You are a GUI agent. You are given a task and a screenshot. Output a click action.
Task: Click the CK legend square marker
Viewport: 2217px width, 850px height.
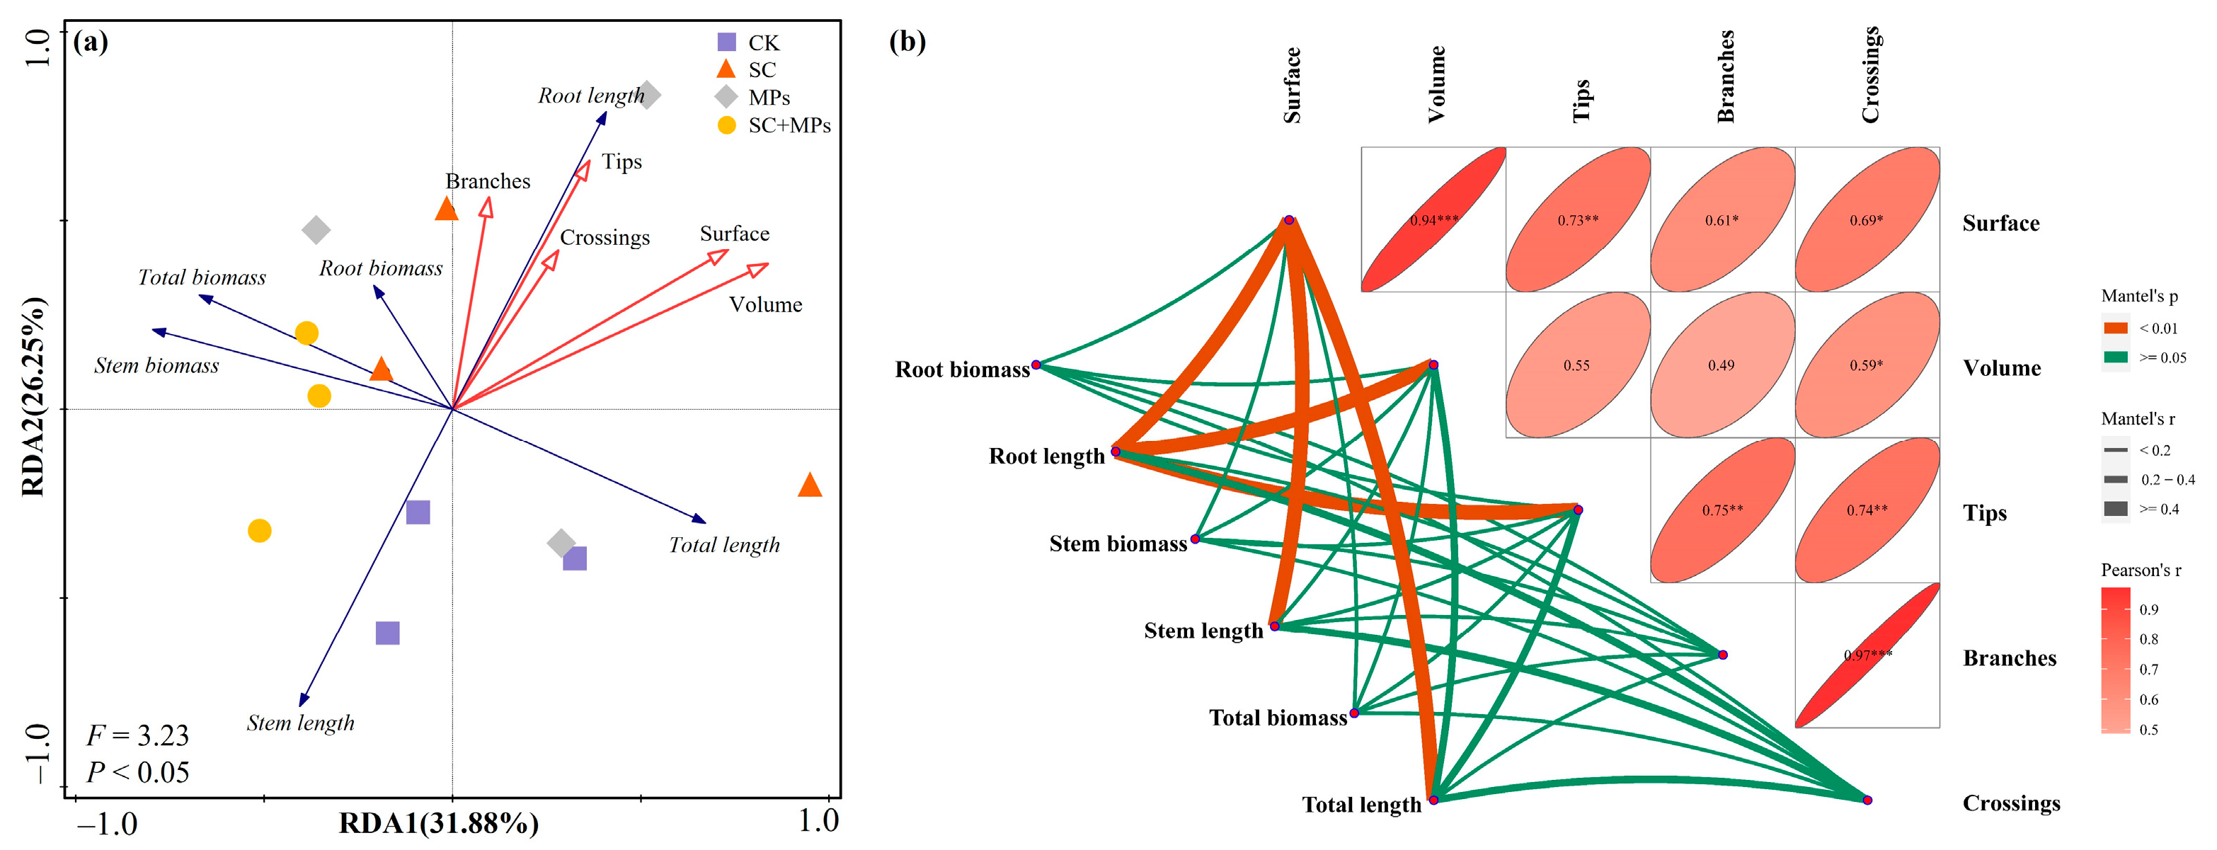(726, 42)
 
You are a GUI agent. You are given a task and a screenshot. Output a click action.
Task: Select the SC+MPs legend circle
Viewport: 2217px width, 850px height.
(726, 125)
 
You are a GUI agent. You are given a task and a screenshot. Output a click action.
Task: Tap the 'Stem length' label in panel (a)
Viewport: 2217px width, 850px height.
(300, 723)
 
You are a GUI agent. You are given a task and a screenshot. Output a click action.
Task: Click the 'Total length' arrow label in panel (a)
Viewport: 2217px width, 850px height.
(724, 544)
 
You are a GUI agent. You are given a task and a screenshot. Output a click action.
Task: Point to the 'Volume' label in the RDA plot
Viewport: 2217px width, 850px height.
(765, 304)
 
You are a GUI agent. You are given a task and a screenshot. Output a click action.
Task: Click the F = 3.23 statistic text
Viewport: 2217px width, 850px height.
(138, 735)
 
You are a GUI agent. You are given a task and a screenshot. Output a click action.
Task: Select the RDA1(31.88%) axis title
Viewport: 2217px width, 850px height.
(439, 823)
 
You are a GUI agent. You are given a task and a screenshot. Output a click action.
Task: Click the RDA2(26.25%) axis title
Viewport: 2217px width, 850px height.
(33, 396)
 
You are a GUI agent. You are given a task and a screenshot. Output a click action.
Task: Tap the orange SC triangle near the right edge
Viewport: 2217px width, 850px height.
(809, 486)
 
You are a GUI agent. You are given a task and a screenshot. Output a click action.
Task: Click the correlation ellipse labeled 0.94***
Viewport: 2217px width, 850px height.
(1433, 219)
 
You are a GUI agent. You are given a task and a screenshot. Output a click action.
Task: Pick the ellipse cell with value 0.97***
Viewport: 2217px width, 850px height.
(1867, 655)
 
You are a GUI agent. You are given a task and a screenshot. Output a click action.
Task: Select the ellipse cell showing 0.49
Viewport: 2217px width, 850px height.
(1722, 364)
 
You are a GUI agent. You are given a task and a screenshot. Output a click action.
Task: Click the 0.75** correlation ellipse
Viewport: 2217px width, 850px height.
(1722, 510)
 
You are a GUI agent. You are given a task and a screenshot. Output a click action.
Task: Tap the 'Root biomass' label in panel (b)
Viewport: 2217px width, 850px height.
(962, 370)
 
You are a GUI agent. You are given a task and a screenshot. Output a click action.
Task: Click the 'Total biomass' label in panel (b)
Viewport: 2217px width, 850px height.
(1277, 718)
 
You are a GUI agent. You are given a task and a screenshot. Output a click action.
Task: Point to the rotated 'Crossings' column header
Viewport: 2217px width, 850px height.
(1869, 75)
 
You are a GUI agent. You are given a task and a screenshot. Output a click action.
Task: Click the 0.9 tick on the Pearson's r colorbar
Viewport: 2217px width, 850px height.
(2148, 610)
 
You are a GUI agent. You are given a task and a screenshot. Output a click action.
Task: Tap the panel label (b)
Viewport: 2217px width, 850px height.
(907, 41)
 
